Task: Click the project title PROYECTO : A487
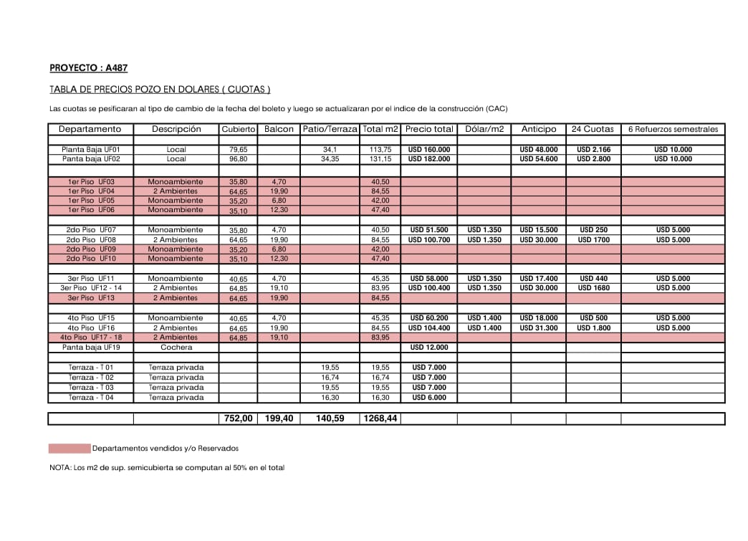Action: [x=88, y=68]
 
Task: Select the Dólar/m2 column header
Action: [x=484, y=129]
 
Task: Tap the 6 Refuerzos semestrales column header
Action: [x=673, y=129]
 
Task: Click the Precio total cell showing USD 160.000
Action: [x=429, y=150]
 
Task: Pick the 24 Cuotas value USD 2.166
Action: [x=593, y=150]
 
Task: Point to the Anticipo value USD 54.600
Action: [x=538, y=159]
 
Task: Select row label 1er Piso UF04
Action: [x=91, y=191]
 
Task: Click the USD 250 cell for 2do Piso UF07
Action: [x=593, y=230]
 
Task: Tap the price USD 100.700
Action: [x=429, y=240]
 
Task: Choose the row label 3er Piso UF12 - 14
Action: [x=91, y=288]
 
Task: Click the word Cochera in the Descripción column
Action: [x=176, y=348]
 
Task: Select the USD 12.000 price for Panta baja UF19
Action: [x=429, y=348]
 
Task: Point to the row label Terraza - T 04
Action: [x=91, y=398]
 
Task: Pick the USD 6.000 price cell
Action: [x=429, y=398]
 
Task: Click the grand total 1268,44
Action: [x=380, y=418]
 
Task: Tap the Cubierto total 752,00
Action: [x=238, y=418]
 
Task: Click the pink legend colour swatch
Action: [x=69, y=449]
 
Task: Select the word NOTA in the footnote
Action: [x=59, y=468]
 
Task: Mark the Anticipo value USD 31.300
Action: [x=538, y=328]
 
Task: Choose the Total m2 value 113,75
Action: [x=380, y=150]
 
